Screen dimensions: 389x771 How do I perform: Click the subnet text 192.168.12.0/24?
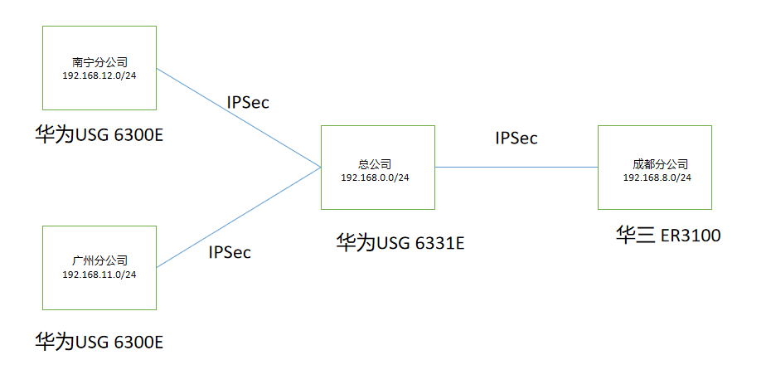pyautogui.click(x=99, y=75)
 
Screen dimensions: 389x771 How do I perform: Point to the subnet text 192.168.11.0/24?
pyautogui.click(x=99, y=275)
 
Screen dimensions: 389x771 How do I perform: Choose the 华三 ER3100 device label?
pyautogui.click(x=667, y=236)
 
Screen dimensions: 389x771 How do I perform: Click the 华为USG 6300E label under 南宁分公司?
pyautogui.click(x=99, y=133)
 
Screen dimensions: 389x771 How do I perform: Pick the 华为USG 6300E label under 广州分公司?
pyautogui.click(x=99, y=340)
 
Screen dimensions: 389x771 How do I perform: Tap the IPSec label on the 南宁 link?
pyautogui.click(x=248, y=103)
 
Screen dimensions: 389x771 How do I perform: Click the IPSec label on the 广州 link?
pyautogui.click(x=230, y=252)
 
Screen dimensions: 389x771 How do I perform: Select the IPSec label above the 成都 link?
pyautogui.click(x=516, y=139)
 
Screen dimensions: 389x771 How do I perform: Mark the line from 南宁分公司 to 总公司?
pyautogui.click(x=239, y=117)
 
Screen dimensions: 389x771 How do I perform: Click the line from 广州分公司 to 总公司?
pyautogui.click(x=239, y=217)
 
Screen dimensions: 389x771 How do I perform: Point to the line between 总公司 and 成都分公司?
pyautogui.click(x=516, y=167)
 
